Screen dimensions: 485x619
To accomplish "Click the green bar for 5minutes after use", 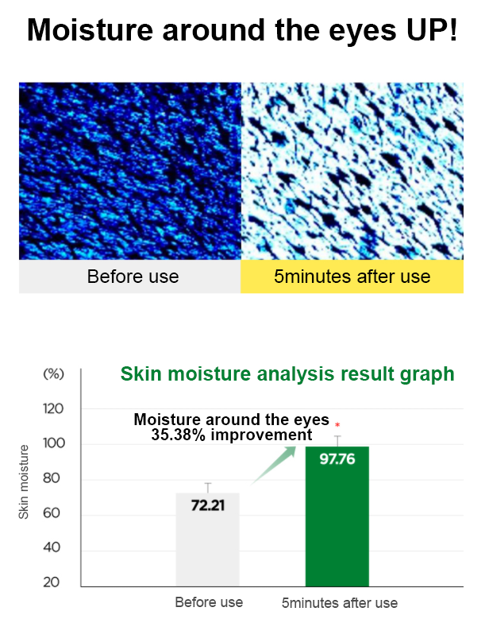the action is coord(337,516).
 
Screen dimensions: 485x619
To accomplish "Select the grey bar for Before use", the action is coord(208,540).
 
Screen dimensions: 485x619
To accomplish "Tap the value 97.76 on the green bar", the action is coord(337,459).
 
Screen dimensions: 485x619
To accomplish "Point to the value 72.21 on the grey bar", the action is coord(208,505).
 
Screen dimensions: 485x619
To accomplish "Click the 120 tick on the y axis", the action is coord(53,408).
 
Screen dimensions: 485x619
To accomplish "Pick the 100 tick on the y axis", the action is coord(54,443).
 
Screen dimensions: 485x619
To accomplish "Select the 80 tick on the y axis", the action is coord(52,478).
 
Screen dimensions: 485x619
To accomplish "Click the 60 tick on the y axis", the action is coord(52,513).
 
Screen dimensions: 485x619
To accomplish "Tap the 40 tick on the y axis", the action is coord(52,547).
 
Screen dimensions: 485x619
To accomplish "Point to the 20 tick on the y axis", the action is coord(52,582).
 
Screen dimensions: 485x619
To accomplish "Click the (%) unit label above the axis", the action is coord(54,373).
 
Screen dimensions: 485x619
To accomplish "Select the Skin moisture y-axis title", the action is coord(24,482).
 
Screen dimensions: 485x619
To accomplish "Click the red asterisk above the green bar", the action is coord(337,425).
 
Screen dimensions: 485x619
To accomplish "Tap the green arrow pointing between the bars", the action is coord(274,465).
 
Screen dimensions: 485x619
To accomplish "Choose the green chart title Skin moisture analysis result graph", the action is coord(287,373).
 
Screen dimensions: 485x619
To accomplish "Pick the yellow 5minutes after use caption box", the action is coord(352,277).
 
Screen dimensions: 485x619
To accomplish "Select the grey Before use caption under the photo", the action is coord(130,277).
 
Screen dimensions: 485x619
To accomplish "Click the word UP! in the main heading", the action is coord(432,30).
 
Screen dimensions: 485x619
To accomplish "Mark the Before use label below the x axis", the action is coord(209,602).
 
